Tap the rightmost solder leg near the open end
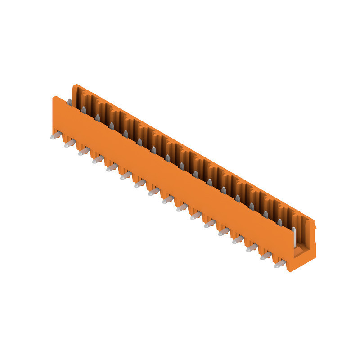point(279,265)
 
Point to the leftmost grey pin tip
point(69,102)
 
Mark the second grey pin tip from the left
point(83,110)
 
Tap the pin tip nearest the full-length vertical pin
point(279,221)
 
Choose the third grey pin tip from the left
point(97,117)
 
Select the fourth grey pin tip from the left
point(111,126)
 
